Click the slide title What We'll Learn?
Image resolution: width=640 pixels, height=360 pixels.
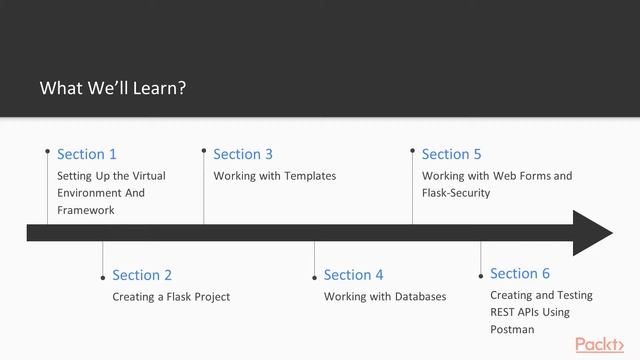(x=113, y=88)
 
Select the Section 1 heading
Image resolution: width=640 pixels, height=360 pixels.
(x=87, y=154)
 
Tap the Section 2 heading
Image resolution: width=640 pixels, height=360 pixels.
(x=142, y=275)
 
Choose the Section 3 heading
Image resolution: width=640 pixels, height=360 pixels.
(x=243, y=154)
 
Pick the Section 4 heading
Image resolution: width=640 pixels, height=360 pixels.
(x=354, y=275)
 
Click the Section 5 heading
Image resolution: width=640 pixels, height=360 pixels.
(x=452, y=154)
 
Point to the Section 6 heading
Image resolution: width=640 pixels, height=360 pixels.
(x=520, y=273)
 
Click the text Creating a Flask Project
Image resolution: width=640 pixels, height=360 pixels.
(x=171, y=297)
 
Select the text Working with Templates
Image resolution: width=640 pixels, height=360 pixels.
(x=275, y=176)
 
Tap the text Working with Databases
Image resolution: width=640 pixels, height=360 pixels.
(x=385, y=297)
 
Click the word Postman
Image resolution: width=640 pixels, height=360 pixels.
(x=512, y=329)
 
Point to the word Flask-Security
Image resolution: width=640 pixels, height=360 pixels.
(x=456, y=193)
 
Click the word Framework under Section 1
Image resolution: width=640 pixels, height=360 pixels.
(x=86, y=210)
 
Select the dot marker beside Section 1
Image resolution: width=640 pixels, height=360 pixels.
(x=47, y=151)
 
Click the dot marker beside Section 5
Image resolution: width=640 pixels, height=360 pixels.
(x=412, y=151)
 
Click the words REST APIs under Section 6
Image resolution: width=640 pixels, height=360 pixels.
(x=517, y=312)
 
